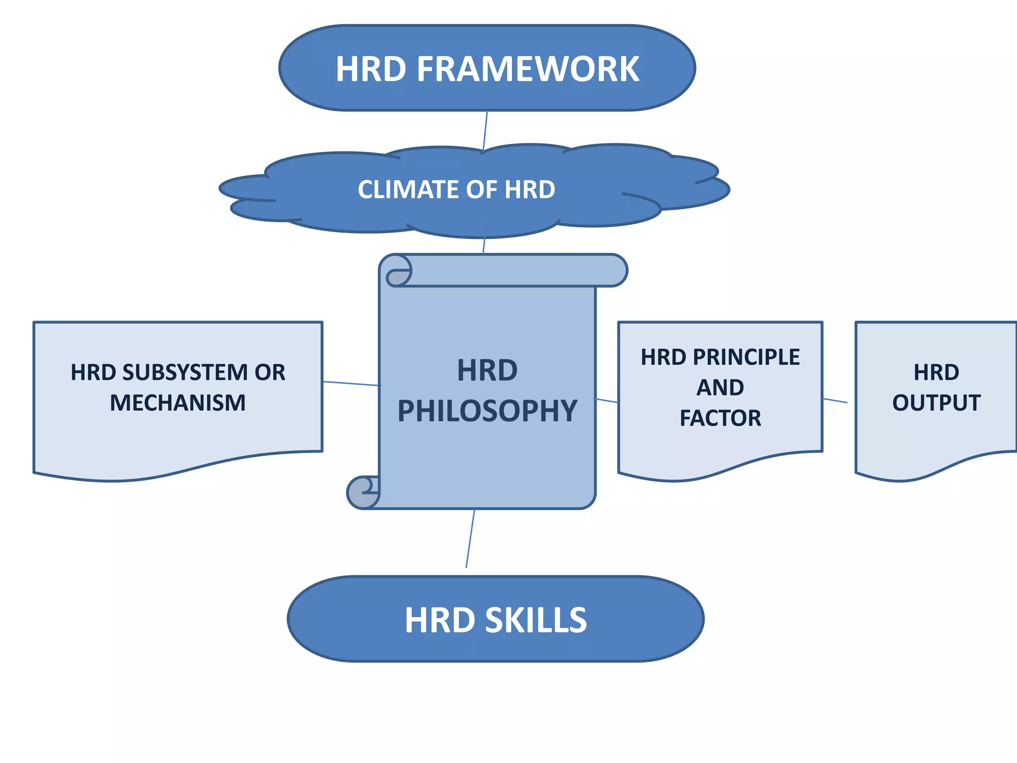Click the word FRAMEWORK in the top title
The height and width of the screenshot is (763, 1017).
(x=528, y=69)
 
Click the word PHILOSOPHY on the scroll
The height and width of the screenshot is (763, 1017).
(x=487, y=411)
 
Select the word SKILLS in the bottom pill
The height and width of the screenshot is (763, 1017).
(x=536, y=620)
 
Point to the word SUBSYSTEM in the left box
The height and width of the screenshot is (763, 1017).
(x=185, y=373)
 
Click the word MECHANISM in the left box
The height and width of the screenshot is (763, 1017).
(x=178, y=403)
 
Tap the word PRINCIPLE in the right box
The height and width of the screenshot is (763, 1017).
(x=746, y=357)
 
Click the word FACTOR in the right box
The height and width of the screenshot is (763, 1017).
(x=720, y=418)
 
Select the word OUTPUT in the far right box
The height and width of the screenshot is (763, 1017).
(x=936, y=403)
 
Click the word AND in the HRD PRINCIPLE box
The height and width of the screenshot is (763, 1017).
(x=720, y=388)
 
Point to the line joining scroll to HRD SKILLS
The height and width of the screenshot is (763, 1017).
(x=470, y=538)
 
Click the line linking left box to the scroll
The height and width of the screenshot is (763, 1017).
(x=351, y=383)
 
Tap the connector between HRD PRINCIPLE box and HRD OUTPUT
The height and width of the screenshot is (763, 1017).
(x=835, y=400)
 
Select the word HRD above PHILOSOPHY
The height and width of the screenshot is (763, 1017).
(x=487, y=371)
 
